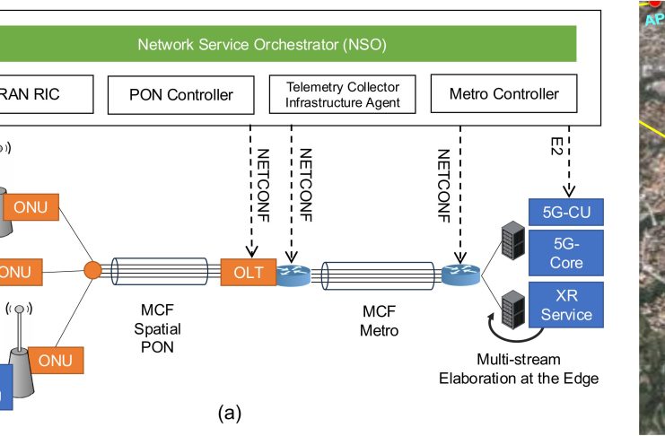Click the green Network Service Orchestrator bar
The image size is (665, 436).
point(287,44)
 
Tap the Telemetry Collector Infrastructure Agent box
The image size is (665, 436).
point(343,94)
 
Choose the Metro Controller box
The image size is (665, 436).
point(504,94)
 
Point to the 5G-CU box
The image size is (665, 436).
point(566,213)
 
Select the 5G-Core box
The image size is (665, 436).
point(566,253)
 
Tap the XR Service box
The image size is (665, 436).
point(566,304)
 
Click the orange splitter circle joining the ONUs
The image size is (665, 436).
point(92,270)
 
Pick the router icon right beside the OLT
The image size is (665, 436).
point(292,273)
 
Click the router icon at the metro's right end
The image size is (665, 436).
point(458,273)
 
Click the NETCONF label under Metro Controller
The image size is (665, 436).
point(442,184)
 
